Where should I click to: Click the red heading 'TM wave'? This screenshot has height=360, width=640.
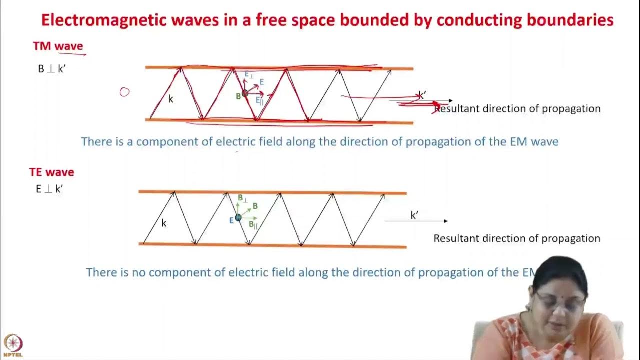point(58,46)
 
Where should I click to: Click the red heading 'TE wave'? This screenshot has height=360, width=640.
point(51,172)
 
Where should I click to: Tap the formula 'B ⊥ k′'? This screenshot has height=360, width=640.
point(52,69)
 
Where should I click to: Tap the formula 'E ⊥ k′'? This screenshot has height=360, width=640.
point(49,189)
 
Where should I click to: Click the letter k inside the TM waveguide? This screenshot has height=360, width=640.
point(170,99)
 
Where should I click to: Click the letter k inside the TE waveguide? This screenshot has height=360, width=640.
point(164,223)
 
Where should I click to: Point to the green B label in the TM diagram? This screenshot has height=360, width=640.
point(239,96)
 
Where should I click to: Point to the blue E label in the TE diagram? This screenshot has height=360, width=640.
point(231,220)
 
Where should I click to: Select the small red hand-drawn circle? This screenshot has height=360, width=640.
point(124,92)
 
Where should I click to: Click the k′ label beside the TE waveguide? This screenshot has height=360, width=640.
point(414,215)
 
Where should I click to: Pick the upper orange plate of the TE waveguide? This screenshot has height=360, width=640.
point(272,192)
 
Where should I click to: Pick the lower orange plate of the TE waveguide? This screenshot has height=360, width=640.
point(272,245)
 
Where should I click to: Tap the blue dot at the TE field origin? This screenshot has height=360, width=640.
point(238,217)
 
